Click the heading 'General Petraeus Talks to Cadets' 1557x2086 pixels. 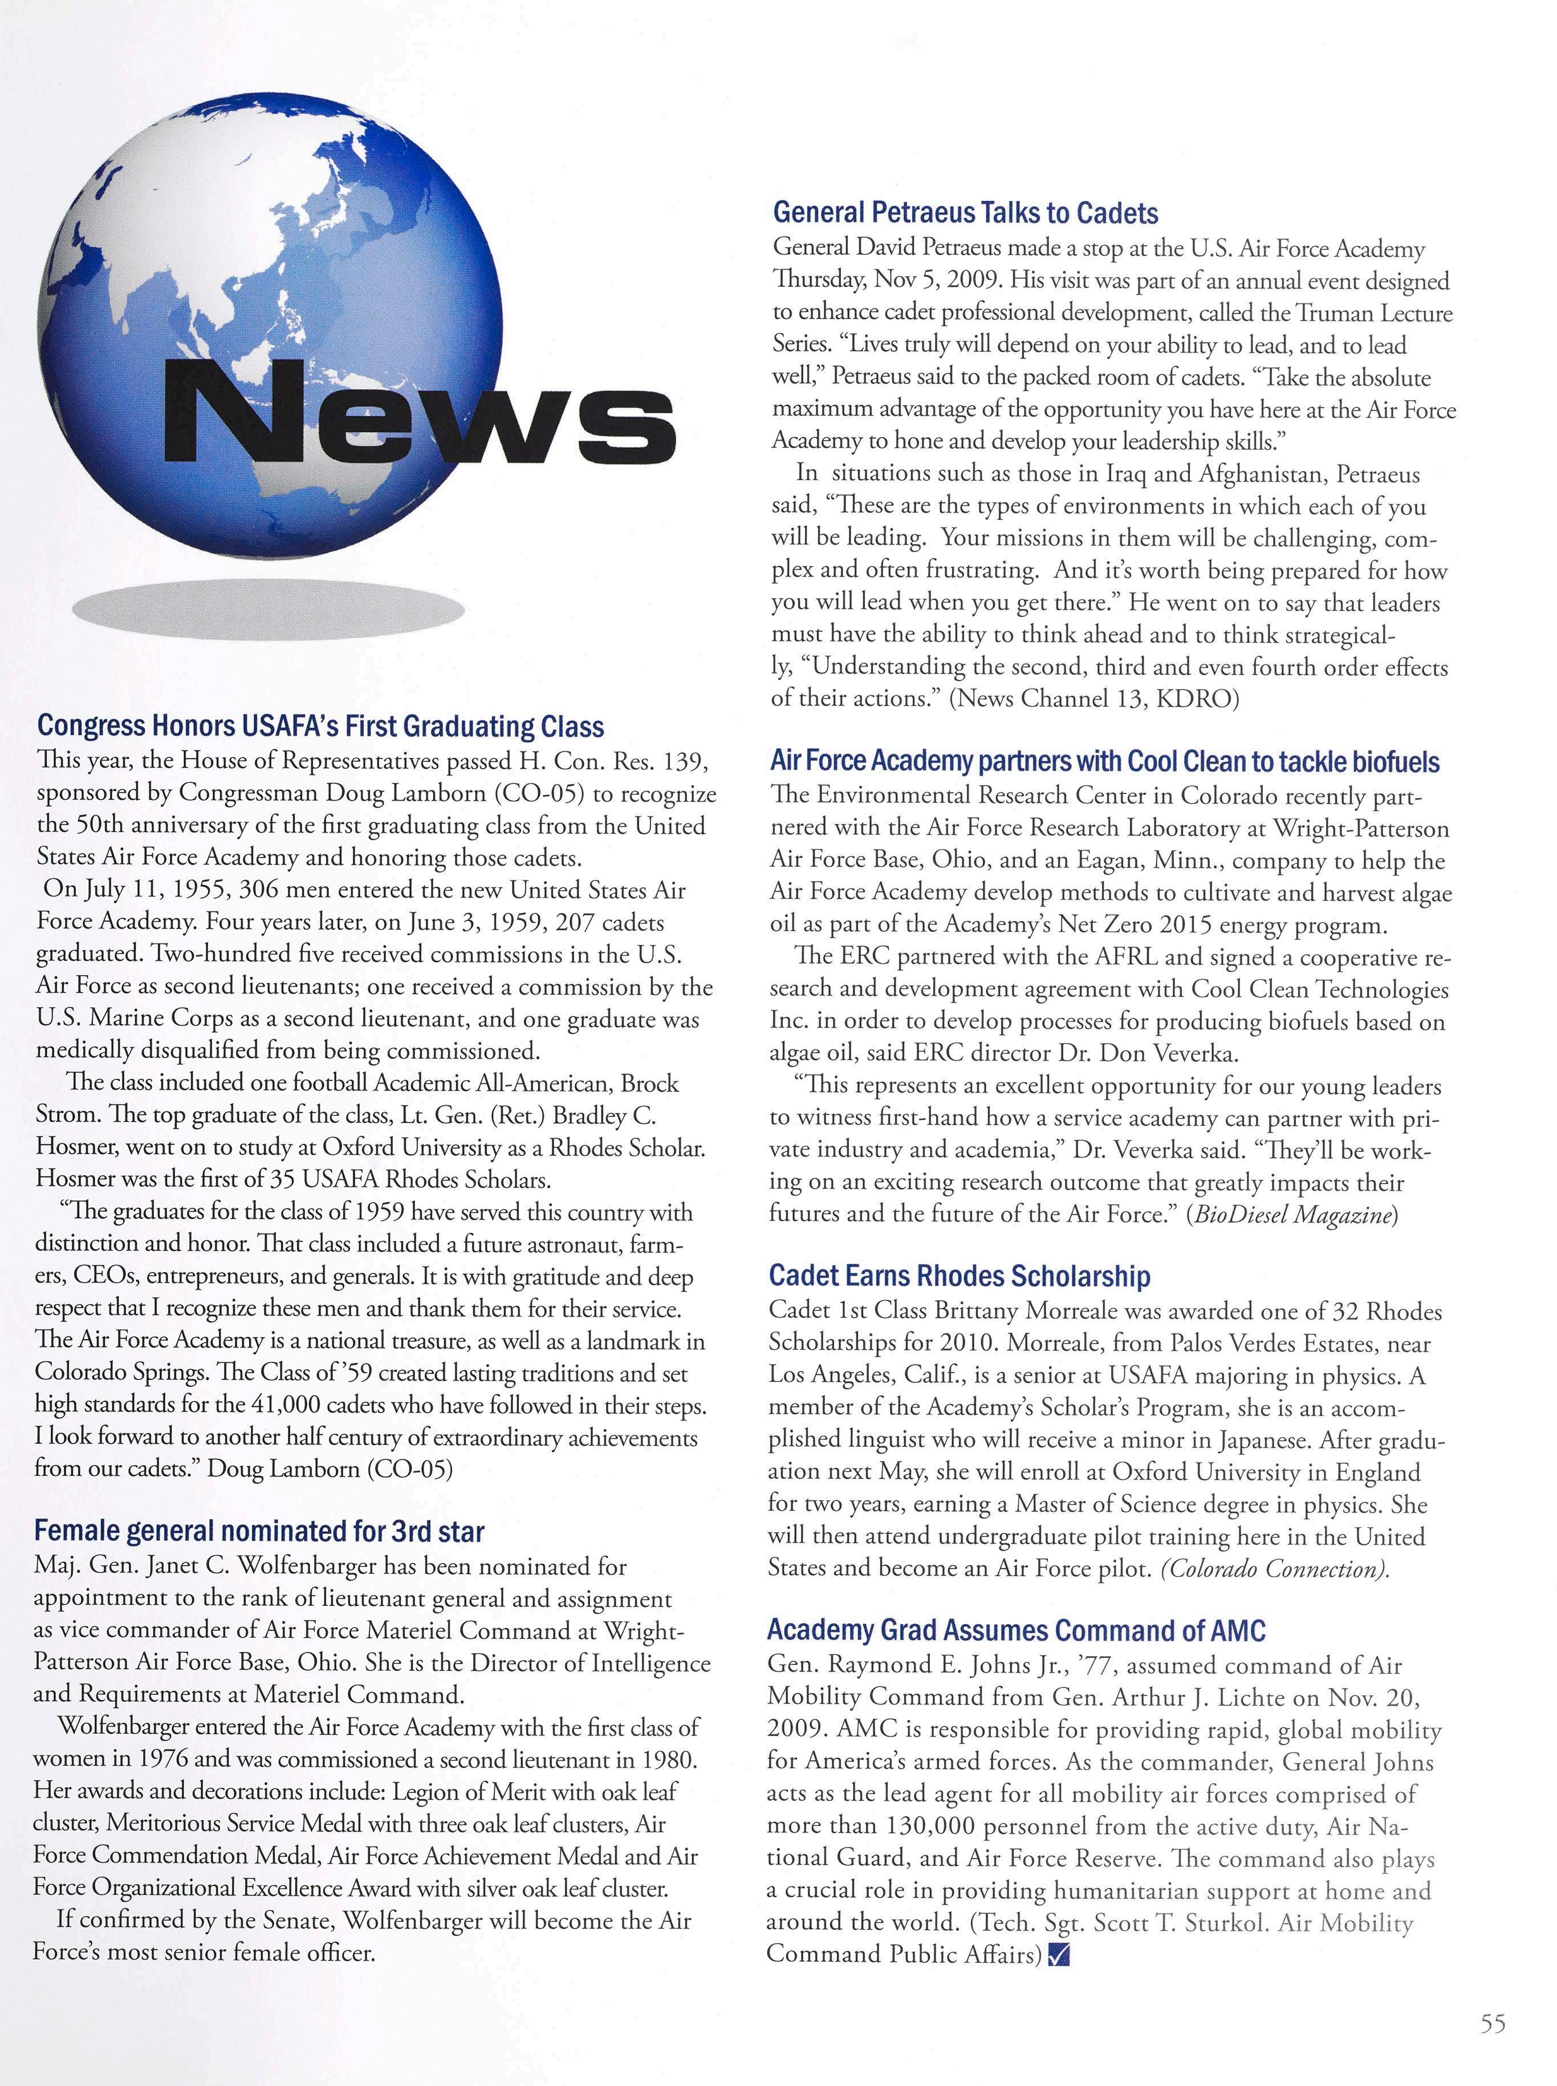tap(965, 214)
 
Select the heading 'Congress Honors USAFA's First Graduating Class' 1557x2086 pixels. tap(319, 726)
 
